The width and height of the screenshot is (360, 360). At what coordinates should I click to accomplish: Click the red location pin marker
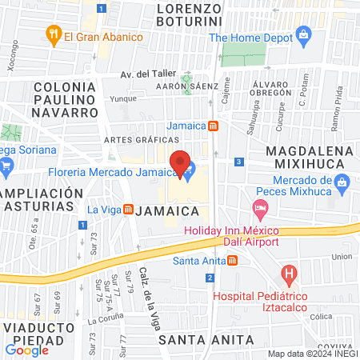pos(181,163)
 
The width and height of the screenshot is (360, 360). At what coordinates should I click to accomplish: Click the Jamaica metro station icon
pos(214,126)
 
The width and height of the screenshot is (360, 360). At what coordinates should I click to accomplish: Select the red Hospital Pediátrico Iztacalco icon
pos(289,276)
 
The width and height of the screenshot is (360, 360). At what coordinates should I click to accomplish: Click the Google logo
pos(26,350)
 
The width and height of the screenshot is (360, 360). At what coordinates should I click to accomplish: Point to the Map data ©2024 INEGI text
pos(312,354)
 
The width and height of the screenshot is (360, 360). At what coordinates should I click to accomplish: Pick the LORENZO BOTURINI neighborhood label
pos(190,20)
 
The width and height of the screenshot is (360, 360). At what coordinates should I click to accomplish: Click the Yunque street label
pos(123,100)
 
